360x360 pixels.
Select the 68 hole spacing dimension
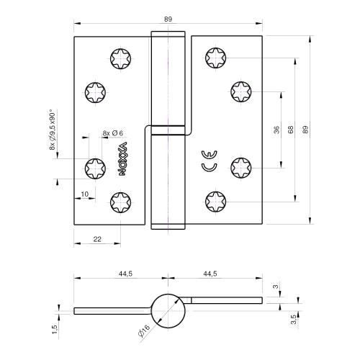(x=291, y=130)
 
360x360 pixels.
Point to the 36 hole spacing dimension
(x=276, y=130)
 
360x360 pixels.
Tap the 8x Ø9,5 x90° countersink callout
(x=53, y=129)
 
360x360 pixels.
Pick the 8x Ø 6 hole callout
(x=113, y=133)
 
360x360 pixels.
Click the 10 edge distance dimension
(x=84, y=194)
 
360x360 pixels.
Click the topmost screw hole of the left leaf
(x=120, y=58)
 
